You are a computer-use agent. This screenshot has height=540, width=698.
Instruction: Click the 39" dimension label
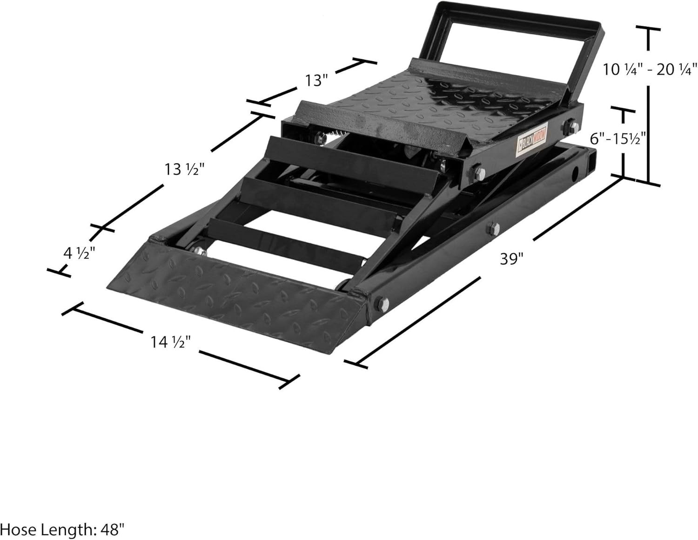[x=512, y=259]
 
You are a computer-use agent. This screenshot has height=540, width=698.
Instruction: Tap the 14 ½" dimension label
[x=171, y=342]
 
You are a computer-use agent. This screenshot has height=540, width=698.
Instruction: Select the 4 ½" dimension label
[x=79, y=254]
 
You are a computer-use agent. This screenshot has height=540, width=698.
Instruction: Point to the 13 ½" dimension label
[x=184, y=169]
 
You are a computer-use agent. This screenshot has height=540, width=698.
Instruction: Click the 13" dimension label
[x=316, y=80]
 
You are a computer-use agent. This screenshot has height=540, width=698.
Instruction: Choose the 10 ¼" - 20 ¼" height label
[x=650, y=70]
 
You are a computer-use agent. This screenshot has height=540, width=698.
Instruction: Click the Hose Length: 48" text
[x=63, y=529]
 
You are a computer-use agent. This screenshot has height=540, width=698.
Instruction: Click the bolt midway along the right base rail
[x=492, y=228]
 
